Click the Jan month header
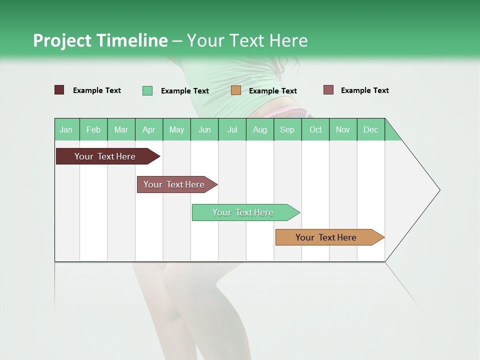pyautogui.click(x=66, y=129)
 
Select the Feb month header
pyautogui.click(x=93, y=129)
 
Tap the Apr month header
pyautogui.click(x=148, y=129)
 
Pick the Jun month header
pyautogui.click(x=204, y=129)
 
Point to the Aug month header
pyautogui.click(x=259, y=129)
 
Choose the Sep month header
pyautogui.click(x=287, y=129)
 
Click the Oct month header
pyautogui.click(x=315, y=129)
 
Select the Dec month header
pyautogui.click(x=370, y=129)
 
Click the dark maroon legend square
pyautogui.click(x=59, y=90)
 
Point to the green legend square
pyautogui.click(x=147, y=90)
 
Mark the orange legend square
pyautogui.click(x=236, y=90)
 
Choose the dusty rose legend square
pyautogui.click(x=328, y=90)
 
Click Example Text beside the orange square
pyautogui.click(x=272, y=91)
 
